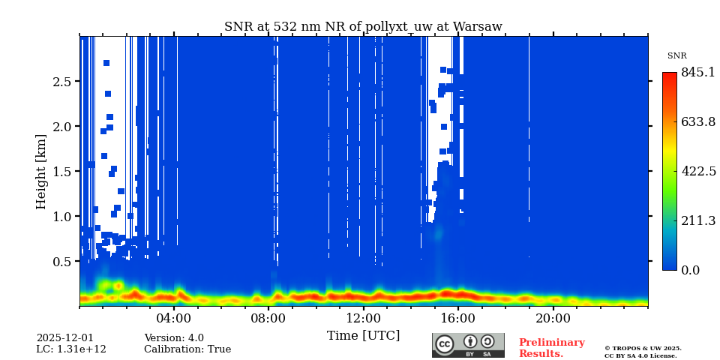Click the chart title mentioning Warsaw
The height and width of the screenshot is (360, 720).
(363, 27)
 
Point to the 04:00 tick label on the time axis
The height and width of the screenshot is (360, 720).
(174, 318)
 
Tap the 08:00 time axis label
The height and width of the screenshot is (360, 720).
(268, 318)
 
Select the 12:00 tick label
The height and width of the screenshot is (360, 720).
(364, 318)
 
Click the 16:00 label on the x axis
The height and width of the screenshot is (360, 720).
(458, 318)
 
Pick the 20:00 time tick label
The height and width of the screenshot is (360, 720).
(553, 318)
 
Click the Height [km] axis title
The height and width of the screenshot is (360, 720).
(41, 172)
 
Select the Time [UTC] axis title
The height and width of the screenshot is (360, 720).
(363, 336)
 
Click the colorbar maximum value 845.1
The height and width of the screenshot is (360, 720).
(697, 73)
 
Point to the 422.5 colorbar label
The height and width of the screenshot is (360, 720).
(697, 172)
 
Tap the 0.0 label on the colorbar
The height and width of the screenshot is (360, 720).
(690, 271)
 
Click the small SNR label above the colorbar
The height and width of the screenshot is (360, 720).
(676, 56)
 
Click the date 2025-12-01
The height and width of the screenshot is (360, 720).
(65, 338)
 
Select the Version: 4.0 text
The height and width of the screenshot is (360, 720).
(174, 338)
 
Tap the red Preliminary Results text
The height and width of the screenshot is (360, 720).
(551, 348)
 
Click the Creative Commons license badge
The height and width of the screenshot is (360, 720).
(468, 345)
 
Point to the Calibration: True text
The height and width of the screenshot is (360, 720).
(187, 349)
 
